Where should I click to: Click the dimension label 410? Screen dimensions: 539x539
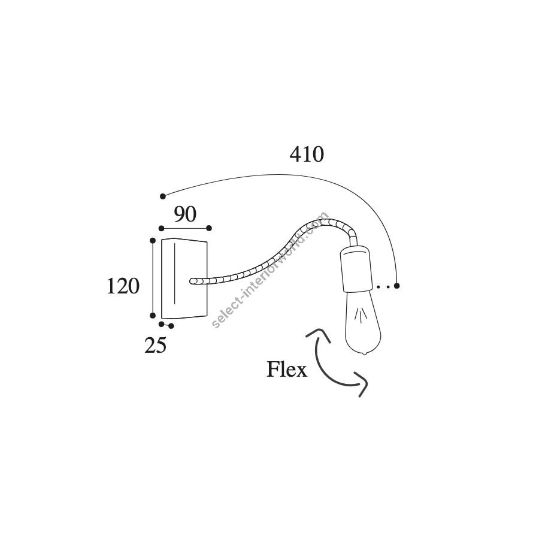click(307, 155)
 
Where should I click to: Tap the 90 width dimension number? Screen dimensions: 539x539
click(185, 214)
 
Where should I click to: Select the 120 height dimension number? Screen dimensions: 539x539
click(123, 286)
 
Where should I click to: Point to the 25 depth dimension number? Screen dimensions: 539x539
click(155, 346)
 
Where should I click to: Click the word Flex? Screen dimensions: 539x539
click(287, 370)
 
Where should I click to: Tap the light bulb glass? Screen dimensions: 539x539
click(363, 322)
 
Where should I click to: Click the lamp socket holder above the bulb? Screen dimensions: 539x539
click(356, 269)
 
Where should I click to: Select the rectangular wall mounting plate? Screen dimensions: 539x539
click(184, 278)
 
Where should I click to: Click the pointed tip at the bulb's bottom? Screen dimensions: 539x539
click(364, 354)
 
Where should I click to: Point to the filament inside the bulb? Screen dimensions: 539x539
click(361, 315)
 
